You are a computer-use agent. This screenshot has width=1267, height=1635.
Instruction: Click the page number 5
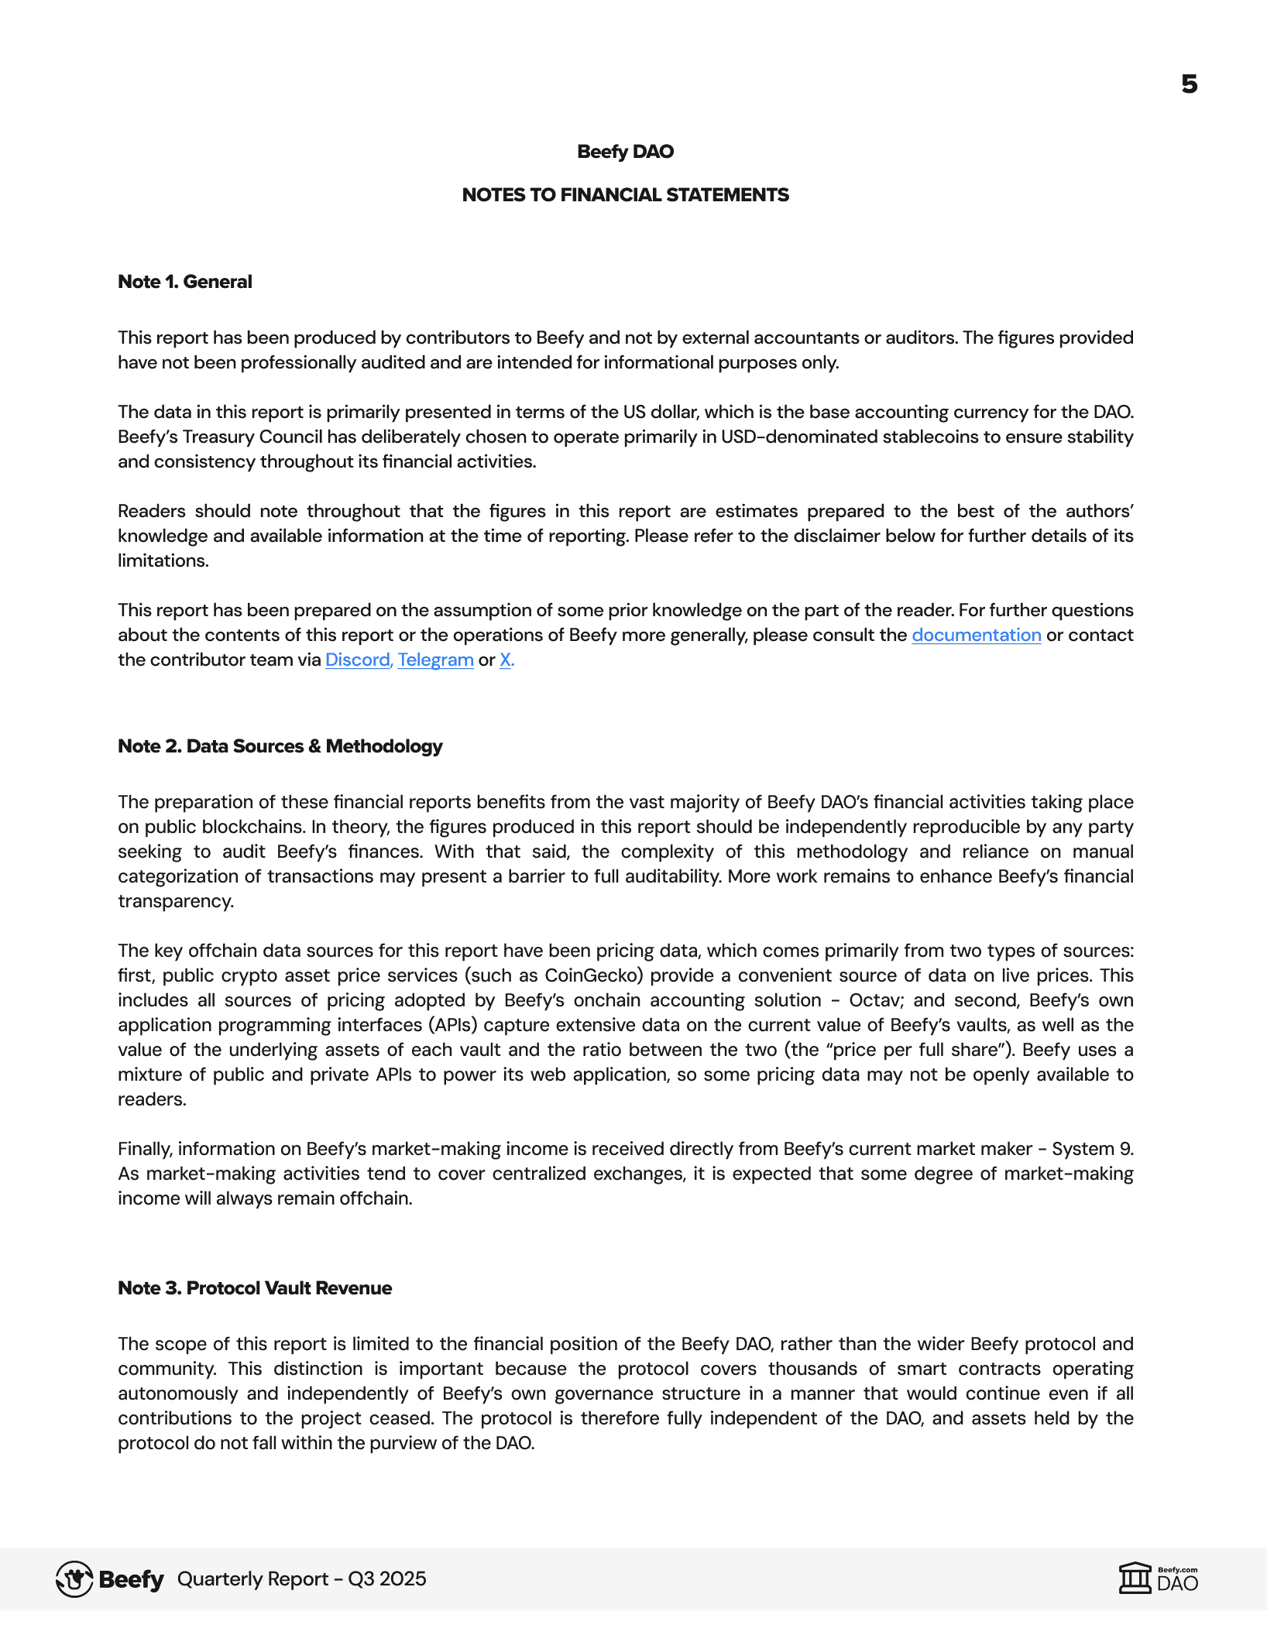click(1189, 84)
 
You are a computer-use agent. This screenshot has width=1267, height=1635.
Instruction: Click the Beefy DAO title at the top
click(625, 152)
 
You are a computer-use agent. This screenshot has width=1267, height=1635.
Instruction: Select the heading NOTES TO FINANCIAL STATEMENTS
click(625, 195)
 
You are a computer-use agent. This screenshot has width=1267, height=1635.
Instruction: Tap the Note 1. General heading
click(184, 282)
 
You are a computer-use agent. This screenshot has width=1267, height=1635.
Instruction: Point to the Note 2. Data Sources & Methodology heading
click(280, 746)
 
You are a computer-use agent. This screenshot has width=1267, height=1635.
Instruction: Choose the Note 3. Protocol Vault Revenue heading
click(255, 1288)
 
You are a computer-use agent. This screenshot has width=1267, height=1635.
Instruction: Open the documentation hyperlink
click(976, 635)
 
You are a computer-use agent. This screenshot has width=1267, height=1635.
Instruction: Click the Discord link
click(358, 660)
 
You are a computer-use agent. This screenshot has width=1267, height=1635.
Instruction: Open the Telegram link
click(435, 660)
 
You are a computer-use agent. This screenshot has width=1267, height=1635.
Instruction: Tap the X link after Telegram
click(506, 660)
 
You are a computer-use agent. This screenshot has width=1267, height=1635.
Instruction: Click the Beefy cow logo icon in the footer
click(74, 1579)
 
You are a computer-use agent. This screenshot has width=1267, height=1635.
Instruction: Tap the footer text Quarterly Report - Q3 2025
click(301, 1579)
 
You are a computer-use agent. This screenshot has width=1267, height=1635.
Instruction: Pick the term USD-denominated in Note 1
click(798, 437)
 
